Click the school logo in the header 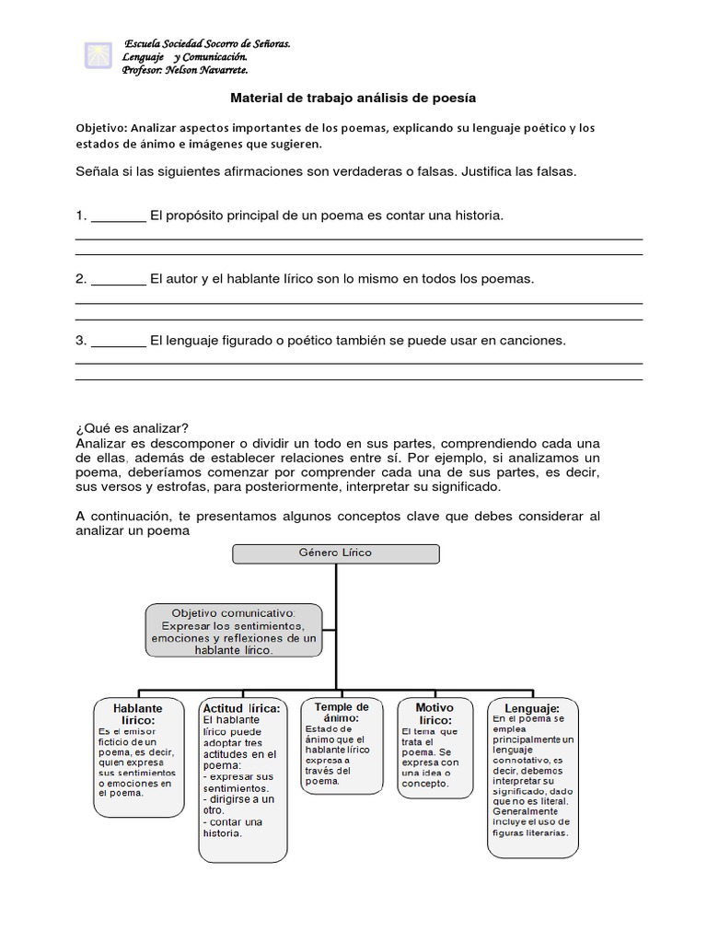pos(96,54)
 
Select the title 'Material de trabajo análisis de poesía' pos(353,97)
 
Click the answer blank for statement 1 pos(119,215)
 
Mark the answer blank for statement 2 pos(119,278)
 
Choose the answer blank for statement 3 pos(119,341)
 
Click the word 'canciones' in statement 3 pos(531,341)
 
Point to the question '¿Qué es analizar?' pos(132,428)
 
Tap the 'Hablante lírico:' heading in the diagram pos(137,715)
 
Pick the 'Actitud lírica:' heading pos(241,707)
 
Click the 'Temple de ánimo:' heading pos(342,713)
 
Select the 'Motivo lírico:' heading pos(435,715)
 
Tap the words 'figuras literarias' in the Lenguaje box pos(530,832)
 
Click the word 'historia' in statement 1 pos(476,215)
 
